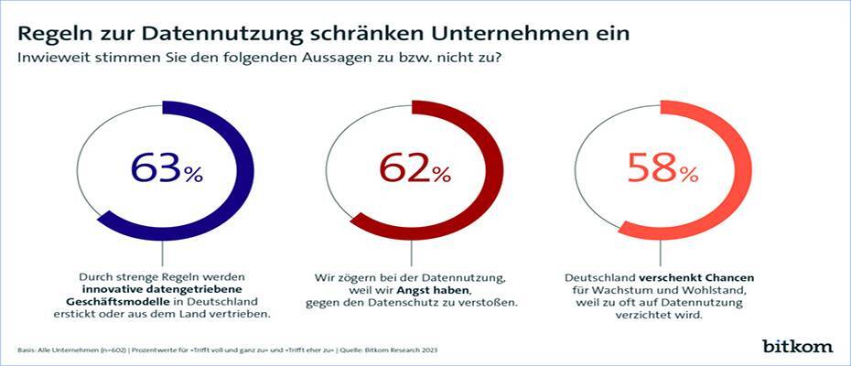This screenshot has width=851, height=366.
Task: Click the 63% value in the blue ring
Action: click(166, 169)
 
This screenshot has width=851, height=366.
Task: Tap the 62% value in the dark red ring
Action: click(415, 169)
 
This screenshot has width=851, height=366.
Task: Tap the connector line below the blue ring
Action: click(165, 253)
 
